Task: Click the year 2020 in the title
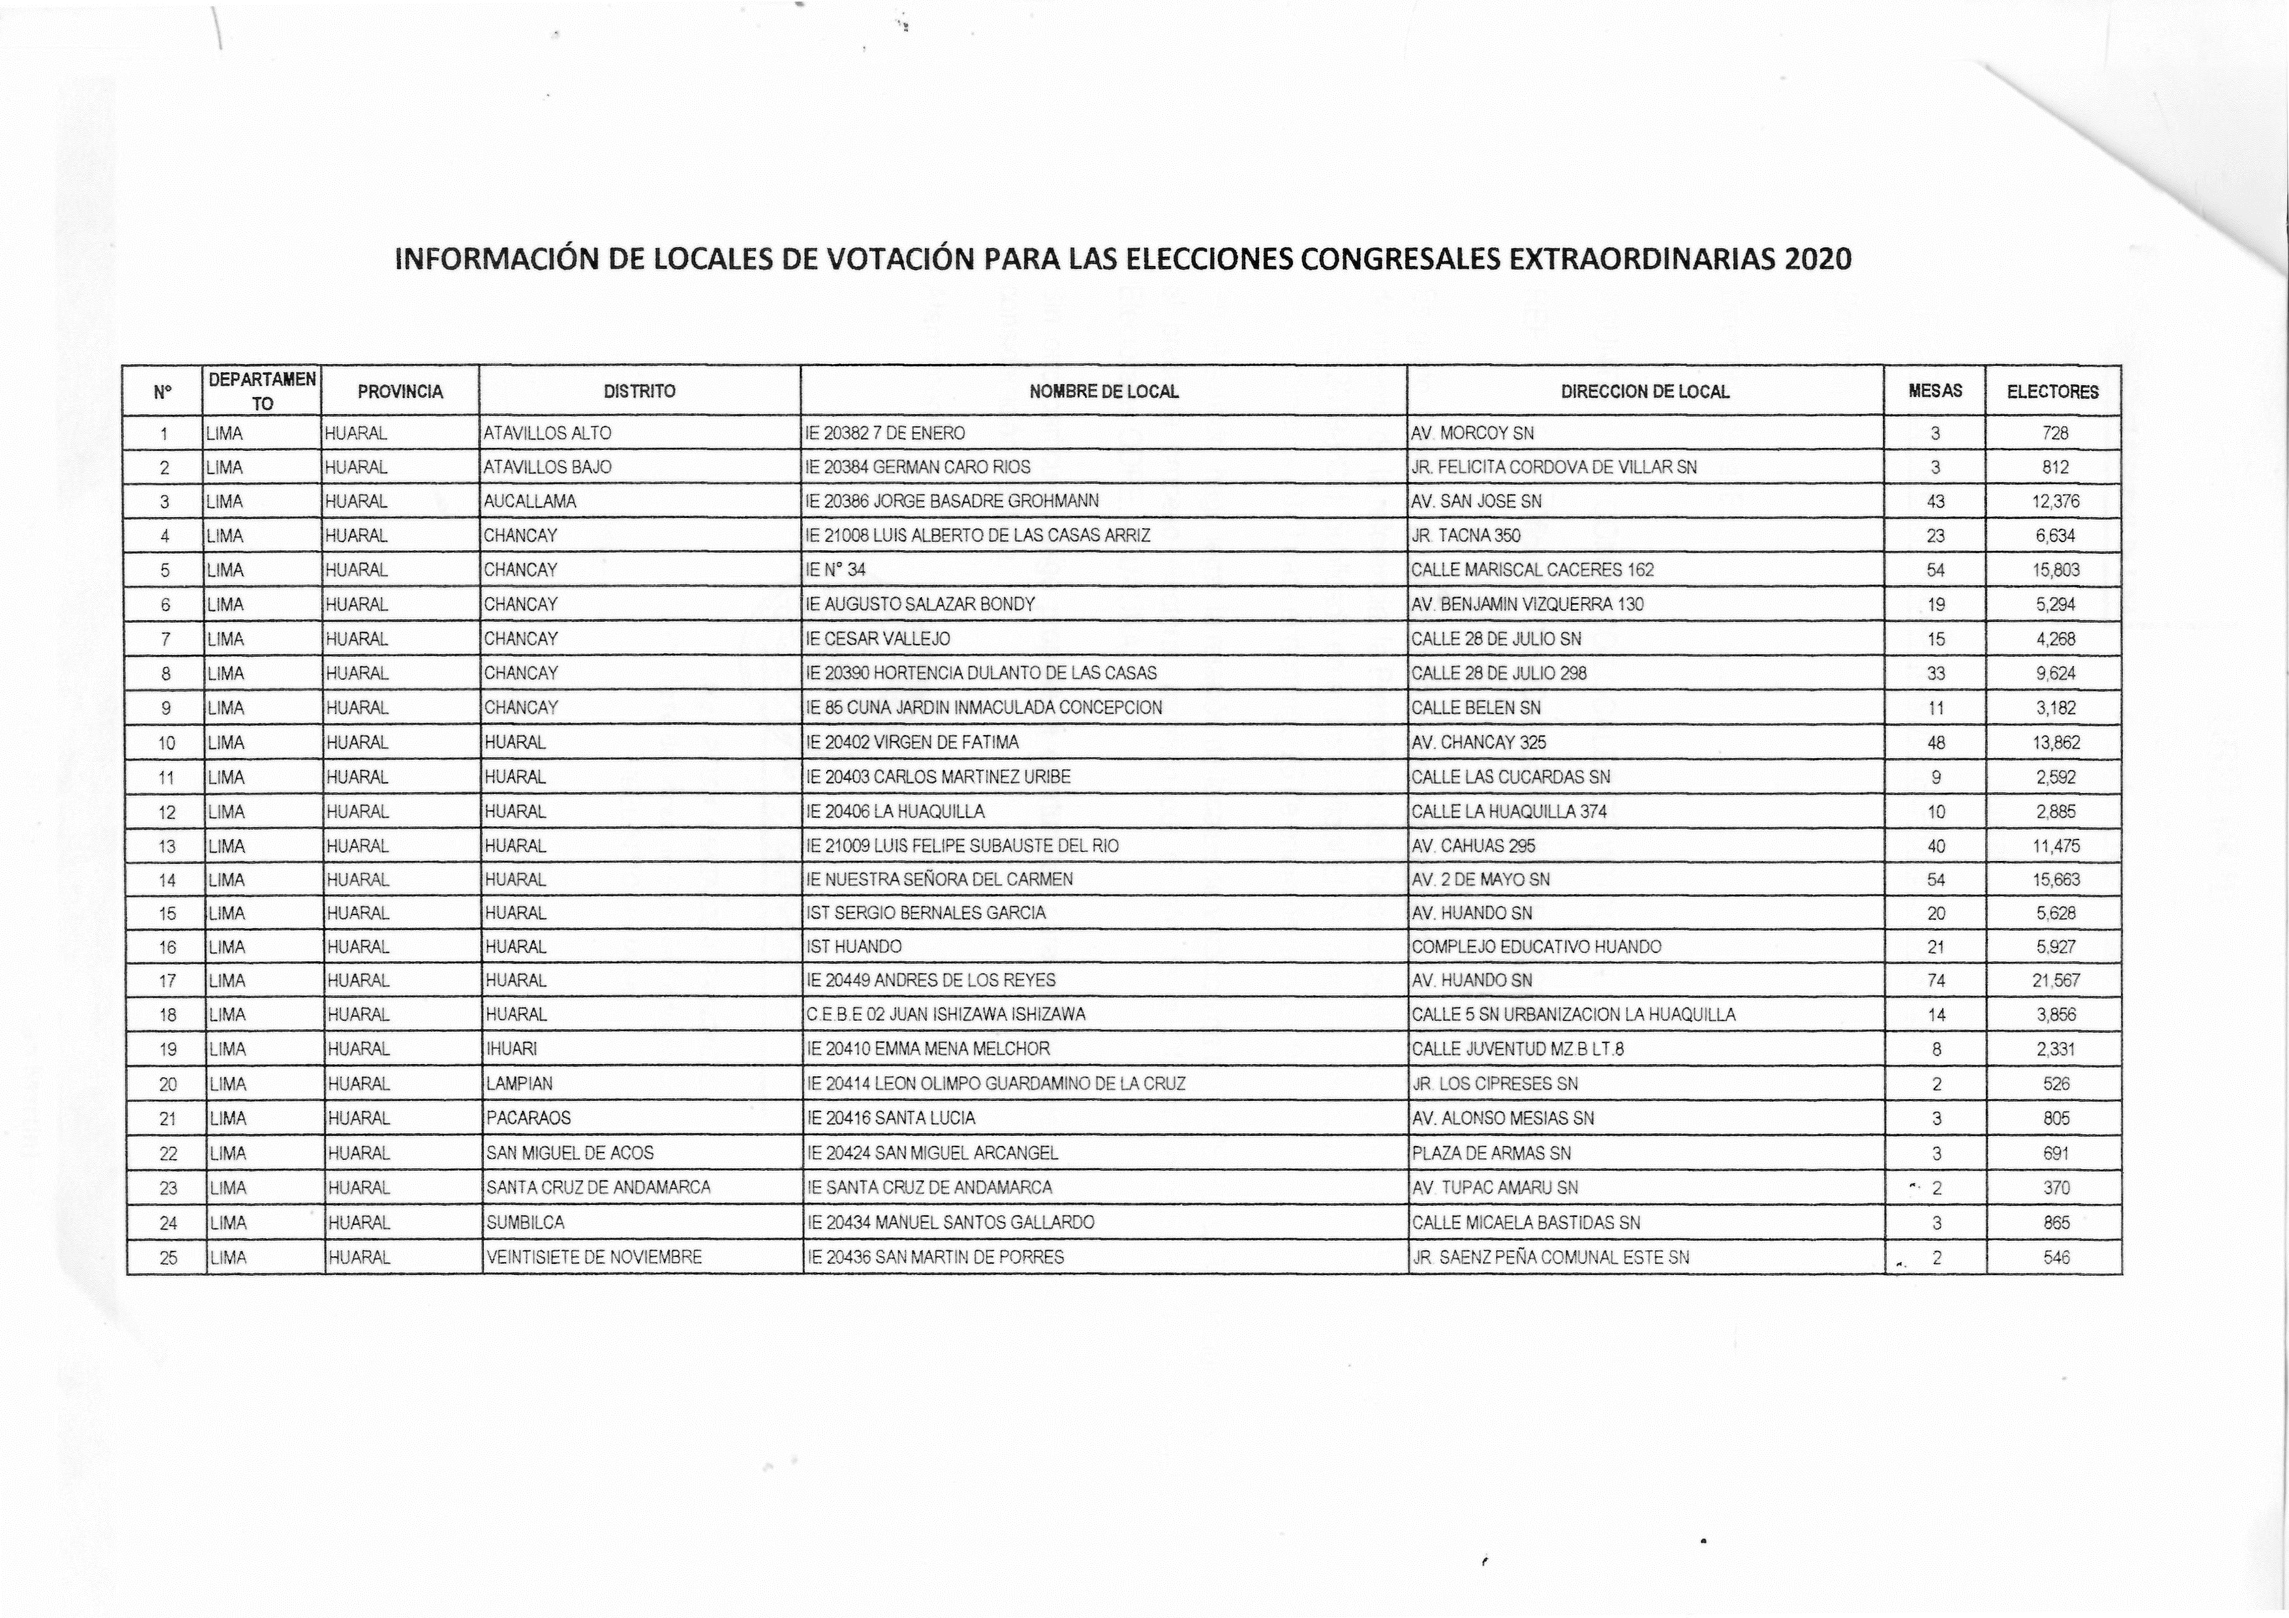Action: coord(1819,259)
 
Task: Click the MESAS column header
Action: coord(1935,391)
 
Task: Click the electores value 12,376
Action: coord(2055,502)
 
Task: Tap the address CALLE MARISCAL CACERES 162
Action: coord(1532,570)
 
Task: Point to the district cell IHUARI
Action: coord(512,1048)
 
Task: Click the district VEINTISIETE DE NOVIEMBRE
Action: coord(594,1257)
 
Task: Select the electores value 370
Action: coord(2055,1188)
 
